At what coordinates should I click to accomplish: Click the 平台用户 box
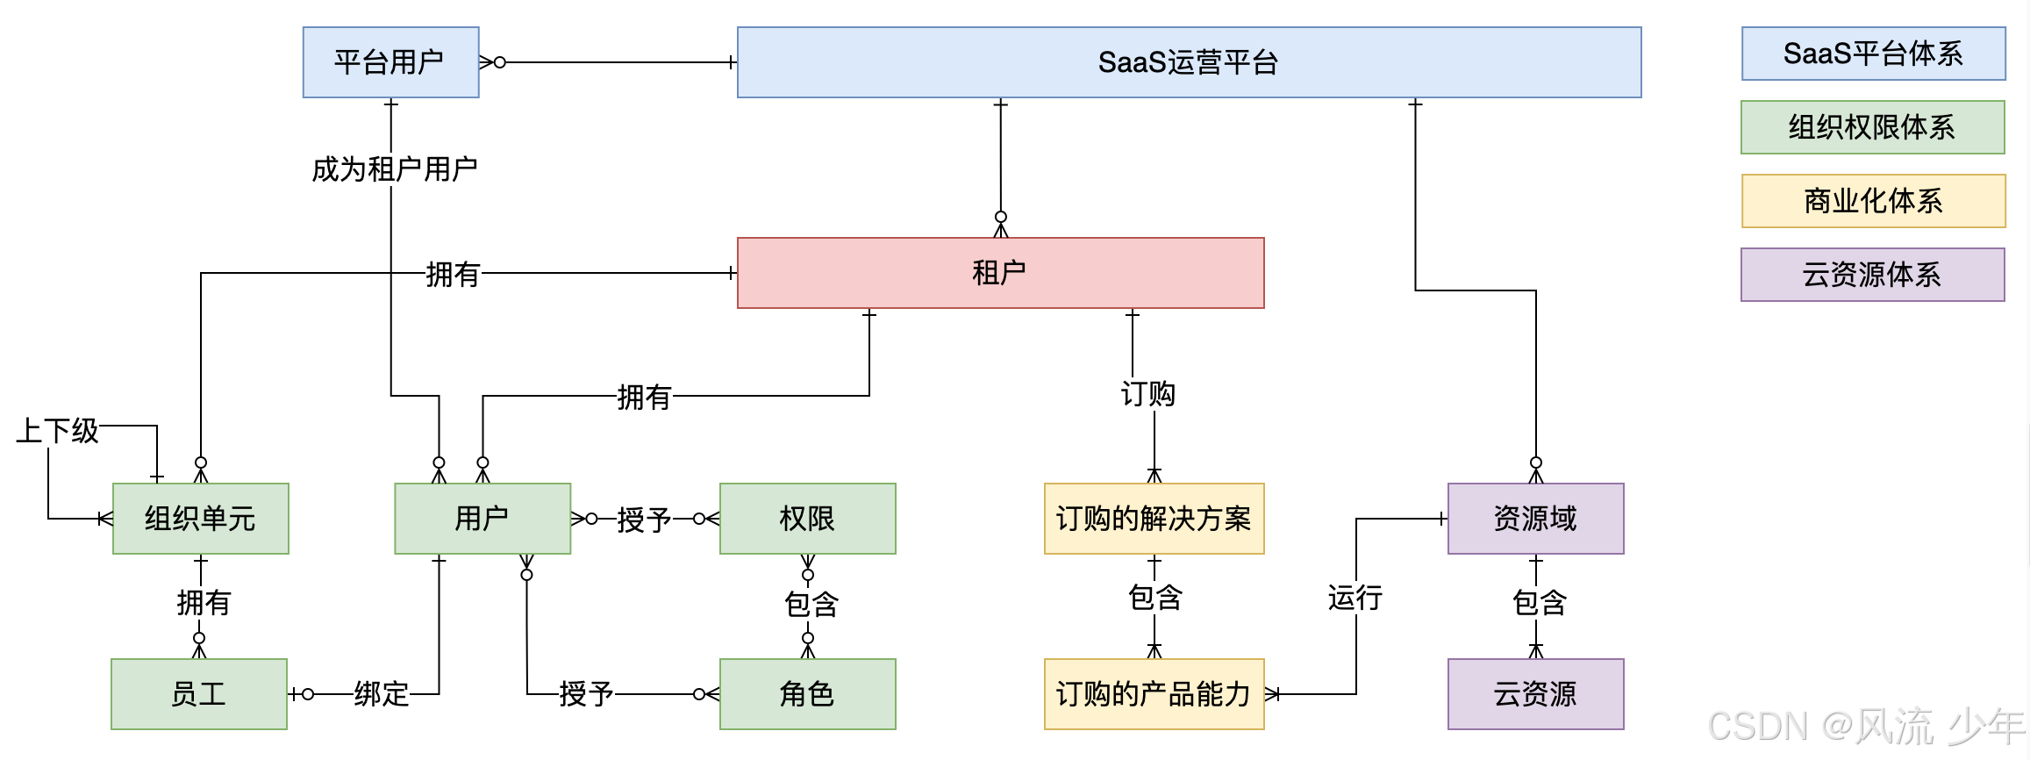coord(390,62)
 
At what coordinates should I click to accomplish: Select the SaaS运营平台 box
coord(1189,62)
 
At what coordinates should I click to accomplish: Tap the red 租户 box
coord(1000,273)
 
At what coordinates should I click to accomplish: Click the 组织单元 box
coord(200,519)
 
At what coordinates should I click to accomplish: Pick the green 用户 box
coord(482,519)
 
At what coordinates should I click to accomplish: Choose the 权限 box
coord(807,519)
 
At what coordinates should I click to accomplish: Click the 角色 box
coord(807,694)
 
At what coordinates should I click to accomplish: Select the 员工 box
coord(199,694)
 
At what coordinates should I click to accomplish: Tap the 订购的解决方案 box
coord(1154,519)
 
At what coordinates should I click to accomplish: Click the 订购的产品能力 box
coord(1154,694)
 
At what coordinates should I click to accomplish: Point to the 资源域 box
coord(1535,519)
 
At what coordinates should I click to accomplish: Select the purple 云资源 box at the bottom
coord(1535,694)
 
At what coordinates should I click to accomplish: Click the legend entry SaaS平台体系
coord(1873,54)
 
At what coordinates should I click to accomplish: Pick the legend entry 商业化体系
coord(1873,201)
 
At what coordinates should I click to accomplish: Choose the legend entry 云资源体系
coord(1872,275)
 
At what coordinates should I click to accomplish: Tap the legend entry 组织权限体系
coord(1872,127)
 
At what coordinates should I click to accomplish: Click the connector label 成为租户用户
coord(394,169)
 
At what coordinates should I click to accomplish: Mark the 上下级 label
coord(58,431)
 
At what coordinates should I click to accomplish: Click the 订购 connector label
coord(1147,394)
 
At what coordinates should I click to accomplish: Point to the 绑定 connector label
coord(382,694)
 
